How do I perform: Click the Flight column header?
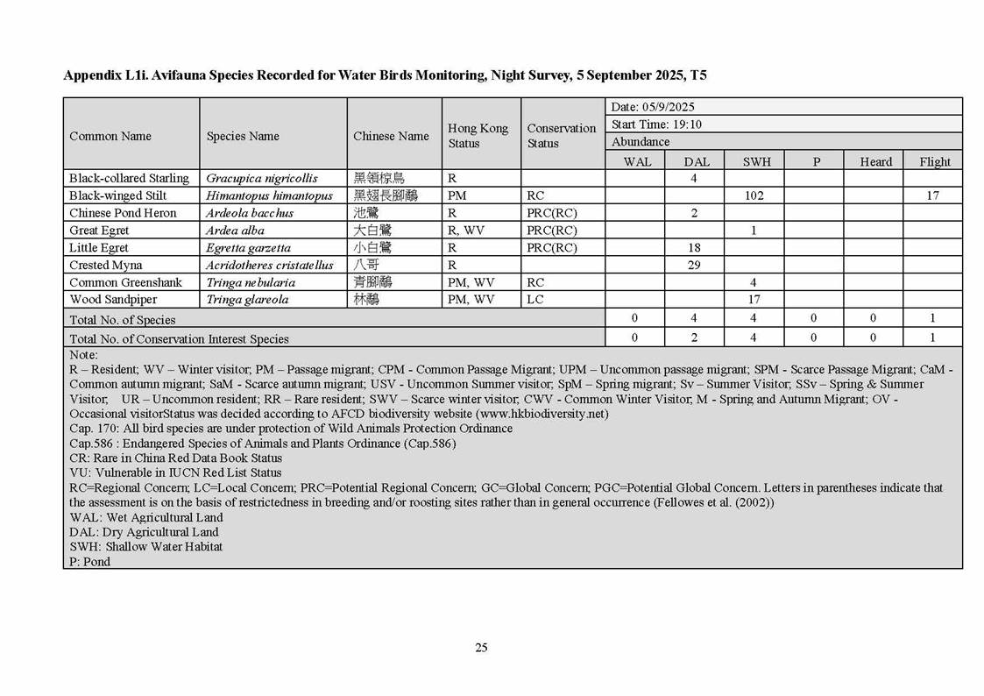click(934, 161)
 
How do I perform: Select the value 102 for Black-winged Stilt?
click(754, 195)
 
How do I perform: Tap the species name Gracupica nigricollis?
click(262, 179)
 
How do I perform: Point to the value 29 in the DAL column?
click(694, 265)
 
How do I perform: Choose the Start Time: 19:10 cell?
click(656, 124)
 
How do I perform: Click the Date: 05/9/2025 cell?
click(653, 107)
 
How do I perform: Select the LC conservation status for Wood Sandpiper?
click(534, 300)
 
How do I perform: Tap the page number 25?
click(481, 648)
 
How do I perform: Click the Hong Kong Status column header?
click(478, 136)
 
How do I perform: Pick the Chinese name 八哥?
click(366, 265)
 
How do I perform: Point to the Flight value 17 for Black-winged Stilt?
click(932, 195)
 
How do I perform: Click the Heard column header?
click(875, 161)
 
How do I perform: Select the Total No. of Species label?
click(123, 320)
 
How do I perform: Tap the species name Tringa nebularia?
click(251, 282)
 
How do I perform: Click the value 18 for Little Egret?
click(694, 248)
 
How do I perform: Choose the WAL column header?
click(637, 161)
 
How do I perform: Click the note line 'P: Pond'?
click(90, 561)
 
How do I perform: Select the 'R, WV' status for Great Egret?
click(465, 231)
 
